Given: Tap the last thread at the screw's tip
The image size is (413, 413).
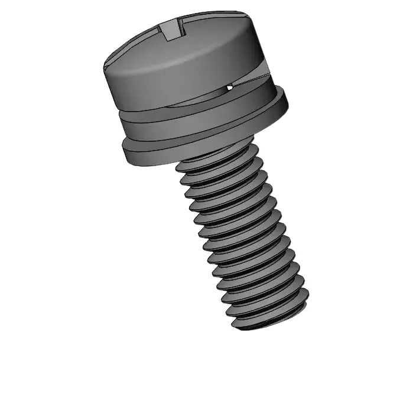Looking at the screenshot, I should tap(269, 316).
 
